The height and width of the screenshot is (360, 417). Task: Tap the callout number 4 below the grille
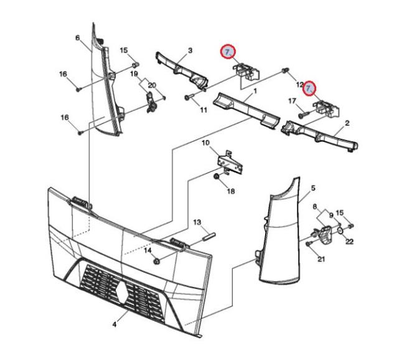tap(115, 324)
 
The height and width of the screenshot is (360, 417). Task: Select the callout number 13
tap(197, 222)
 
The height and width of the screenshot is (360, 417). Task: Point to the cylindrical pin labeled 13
tap(208, 237)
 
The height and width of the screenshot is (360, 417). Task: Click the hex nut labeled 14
tap(157, 262)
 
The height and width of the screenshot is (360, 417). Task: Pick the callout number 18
tap(231, 191)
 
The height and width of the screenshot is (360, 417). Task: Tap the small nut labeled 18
tap(217, 176)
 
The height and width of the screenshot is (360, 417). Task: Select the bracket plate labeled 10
tap(230, 162)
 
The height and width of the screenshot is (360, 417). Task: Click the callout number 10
tap(205, 143)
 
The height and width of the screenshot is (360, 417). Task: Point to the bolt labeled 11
tap(189, 98)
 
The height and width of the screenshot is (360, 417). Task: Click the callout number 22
tap(349, 241)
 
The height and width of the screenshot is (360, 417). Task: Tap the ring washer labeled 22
tap(340, 230)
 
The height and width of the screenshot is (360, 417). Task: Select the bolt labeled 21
tap(309, 244)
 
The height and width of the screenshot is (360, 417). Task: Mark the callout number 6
tap(77, 38)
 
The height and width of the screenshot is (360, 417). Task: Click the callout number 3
tap(190, 50)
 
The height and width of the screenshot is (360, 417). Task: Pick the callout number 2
tap(347, 123)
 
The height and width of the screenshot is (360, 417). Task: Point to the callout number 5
tap(313, 188)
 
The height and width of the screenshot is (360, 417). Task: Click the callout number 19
tap(134, 73)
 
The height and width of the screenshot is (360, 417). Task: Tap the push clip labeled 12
tap(285, 70)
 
